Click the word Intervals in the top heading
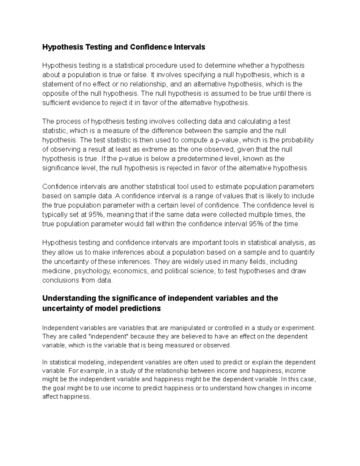[x=190, y=47]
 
